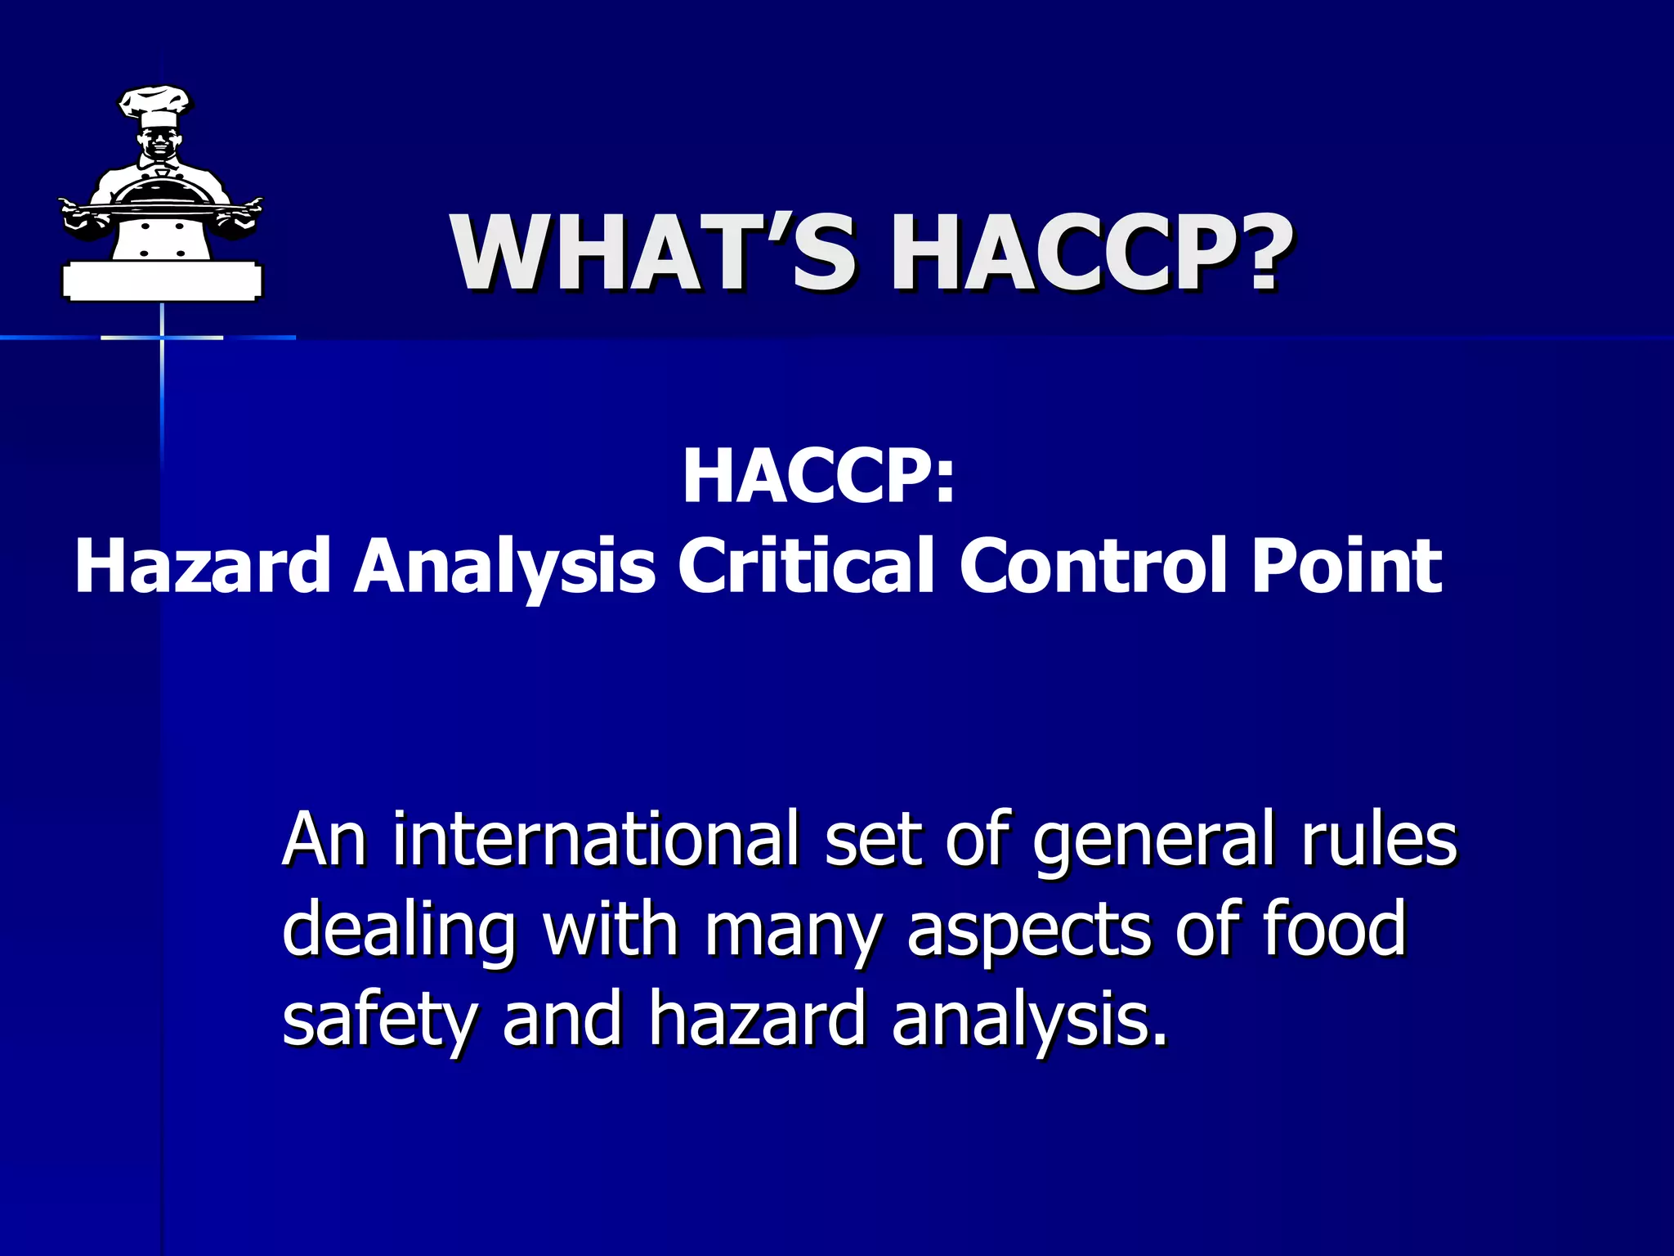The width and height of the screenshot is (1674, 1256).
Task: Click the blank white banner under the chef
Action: [162, 282]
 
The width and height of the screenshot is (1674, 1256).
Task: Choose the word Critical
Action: [805, 566]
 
